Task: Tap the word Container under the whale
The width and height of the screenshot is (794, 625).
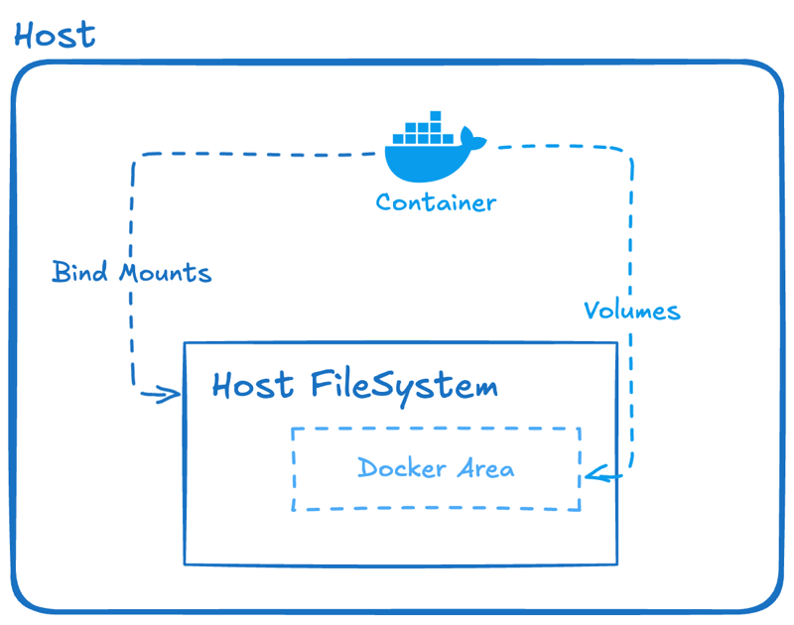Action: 436,203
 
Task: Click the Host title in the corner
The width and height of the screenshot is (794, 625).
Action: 55,35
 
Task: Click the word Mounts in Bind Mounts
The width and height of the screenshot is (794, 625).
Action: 165,272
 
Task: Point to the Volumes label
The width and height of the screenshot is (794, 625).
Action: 632,311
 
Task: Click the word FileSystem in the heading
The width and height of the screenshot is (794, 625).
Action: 403,385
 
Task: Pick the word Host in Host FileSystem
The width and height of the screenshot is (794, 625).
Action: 253,384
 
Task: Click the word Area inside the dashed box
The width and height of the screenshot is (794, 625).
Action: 485,468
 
